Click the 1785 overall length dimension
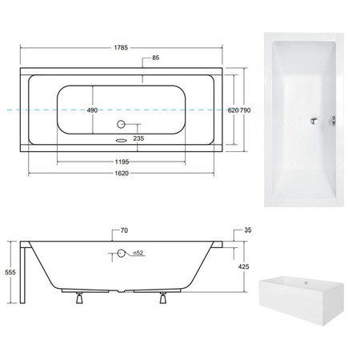(121, 48)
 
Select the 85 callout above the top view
(155, 58)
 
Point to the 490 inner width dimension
(92, 110)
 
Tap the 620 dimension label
(233, 110)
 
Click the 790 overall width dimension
(246, 110)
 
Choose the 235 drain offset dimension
(138, 138)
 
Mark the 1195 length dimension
(122, 162)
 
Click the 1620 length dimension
(122, 174)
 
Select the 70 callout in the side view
(124, 230)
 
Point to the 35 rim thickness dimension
(248, 230)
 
